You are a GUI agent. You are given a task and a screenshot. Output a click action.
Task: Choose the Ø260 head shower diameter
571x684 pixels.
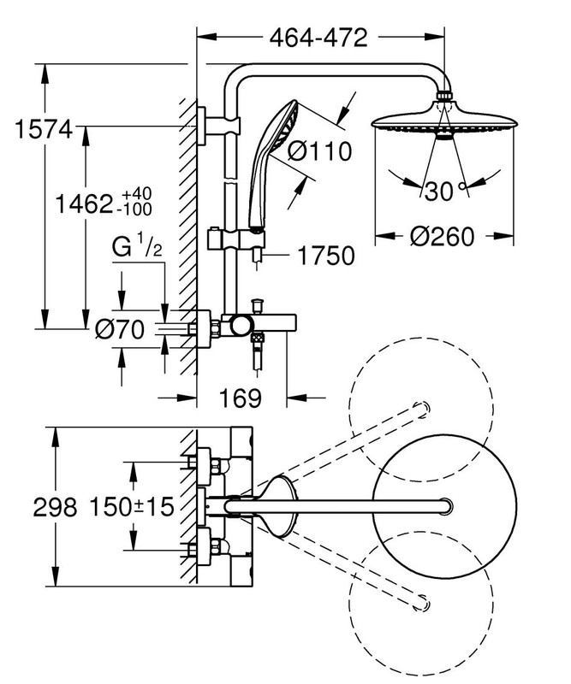point(442,237)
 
